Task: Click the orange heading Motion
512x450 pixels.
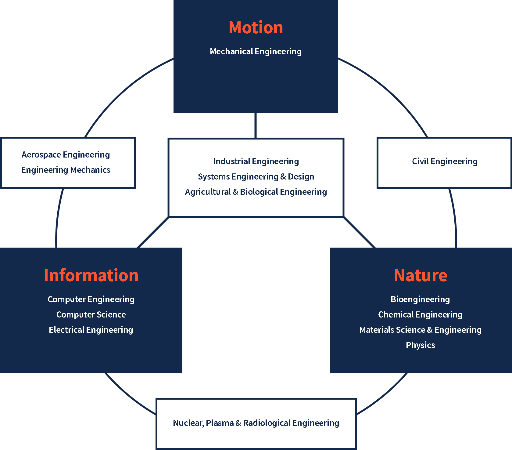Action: (x=256, y=27)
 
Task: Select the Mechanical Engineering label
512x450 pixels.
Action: (x=256, y=51)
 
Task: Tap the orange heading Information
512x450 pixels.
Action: (x=91, y=275)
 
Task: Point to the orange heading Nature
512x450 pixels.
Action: (x=421, y=275)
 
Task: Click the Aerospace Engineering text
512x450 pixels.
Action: (x=66, y=154)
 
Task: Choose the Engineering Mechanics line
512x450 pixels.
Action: (x=66, y=170)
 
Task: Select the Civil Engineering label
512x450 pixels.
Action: (x=445, y=161)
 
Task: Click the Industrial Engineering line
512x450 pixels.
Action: (x=256, y=161)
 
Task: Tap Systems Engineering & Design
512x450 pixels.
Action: (x=256, y=176)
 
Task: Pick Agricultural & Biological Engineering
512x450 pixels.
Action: (x=256, y=192)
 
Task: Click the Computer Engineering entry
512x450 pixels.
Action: (x=91, y=299)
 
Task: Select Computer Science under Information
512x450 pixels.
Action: (x=91, y=314)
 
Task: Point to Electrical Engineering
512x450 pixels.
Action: (x=91, y=330)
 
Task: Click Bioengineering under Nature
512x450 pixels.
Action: (x=420, y=299)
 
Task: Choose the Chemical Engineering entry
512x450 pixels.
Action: (x=420, y=314)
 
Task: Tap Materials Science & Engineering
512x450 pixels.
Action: (x=420, y=330)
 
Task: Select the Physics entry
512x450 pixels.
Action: (x=420, y=345)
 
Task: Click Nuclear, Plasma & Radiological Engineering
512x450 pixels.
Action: (x=256, y=423)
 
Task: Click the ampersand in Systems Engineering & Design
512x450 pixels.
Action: (x=283, y=176)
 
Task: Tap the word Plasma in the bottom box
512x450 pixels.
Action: (x=220, y=423)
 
